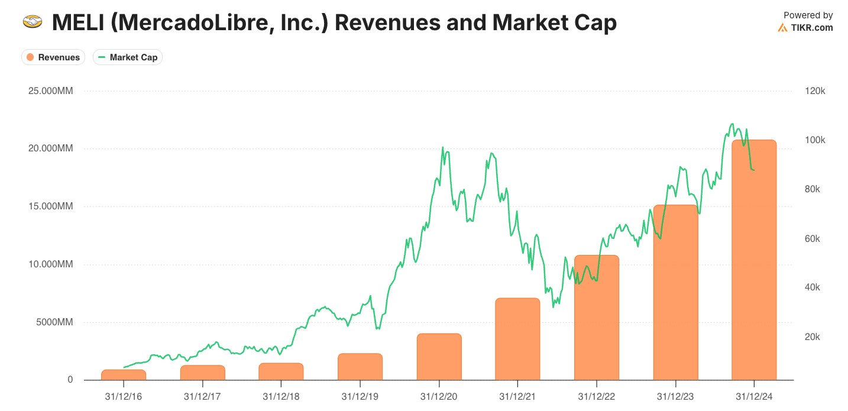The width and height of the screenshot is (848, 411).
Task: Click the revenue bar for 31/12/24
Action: tap(754, 260)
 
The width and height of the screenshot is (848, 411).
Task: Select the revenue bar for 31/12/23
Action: tap(675, 292)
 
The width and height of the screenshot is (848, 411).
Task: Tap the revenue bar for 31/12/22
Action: tap(597, 318)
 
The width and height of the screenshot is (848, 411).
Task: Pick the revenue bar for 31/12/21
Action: tap(517, 339)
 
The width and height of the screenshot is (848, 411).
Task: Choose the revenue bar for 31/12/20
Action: tap(439, 357)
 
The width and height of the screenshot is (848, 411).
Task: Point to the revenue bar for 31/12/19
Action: tap(360, 367)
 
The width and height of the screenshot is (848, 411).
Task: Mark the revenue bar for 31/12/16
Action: tap(124, 375)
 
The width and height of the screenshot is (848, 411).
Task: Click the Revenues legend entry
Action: tap(53, 57)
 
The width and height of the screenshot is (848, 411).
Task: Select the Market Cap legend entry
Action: tap(128, 57)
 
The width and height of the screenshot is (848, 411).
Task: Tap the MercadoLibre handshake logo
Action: tap(33, 21)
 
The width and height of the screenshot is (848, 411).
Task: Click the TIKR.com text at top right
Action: tap(812, 28)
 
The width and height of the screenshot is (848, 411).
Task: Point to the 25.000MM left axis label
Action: tap(51, 91)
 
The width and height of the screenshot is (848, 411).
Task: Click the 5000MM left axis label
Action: tap(54, 322)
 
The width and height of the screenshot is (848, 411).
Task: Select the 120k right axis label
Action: tap(815, 91)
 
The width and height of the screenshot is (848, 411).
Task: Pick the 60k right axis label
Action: tap(812, 238)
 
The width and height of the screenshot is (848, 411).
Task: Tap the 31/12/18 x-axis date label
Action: tap(281, 396)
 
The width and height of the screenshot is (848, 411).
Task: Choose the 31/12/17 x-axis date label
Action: tap(202, 396)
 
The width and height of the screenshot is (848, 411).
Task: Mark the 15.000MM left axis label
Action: tap(51, 206)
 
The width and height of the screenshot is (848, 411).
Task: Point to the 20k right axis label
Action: tap(812, 337)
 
